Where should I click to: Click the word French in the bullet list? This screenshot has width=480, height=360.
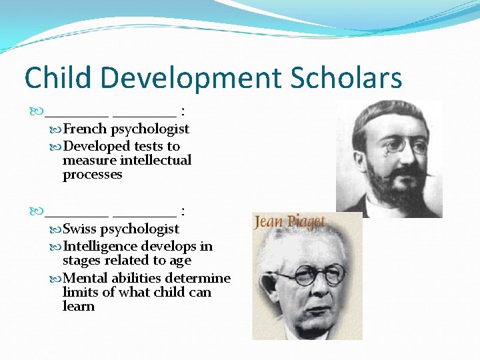pos(85,129)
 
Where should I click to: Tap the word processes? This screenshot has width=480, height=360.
pos(93,175)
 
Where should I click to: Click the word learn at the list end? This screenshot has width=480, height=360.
pos(79,307)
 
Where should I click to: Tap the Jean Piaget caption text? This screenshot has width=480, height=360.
pos(290,222)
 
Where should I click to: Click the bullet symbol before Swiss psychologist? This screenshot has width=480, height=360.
pos(55,229)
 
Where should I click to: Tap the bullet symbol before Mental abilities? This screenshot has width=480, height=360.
pos(55,278)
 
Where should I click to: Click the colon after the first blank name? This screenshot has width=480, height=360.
pos(183,111)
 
